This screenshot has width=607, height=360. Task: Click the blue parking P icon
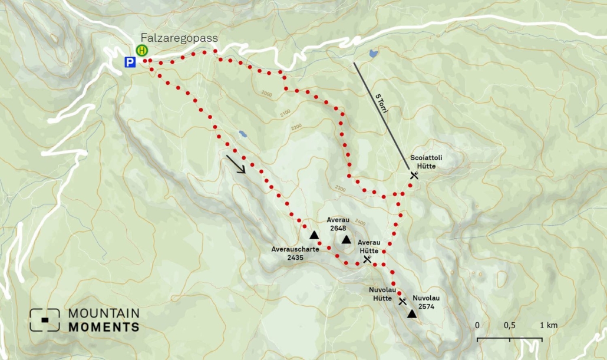click(130, 62)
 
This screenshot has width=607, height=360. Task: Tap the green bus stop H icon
click(142, 51)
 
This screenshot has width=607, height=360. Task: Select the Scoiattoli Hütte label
click(426, 162)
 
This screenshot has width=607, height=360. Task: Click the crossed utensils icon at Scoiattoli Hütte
click(414, 175)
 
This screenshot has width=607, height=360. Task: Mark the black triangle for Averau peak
click(346, 240)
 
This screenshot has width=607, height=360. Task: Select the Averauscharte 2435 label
click(295, 253)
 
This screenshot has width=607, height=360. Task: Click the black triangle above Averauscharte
click(314, 235)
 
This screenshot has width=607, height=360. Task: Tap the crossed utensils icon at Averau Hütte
click(368, 259)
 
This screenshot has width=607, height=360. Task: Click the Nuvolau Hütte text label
click(382, 294)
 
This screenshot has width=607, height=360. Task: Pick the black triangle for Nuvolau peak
click(411, 315)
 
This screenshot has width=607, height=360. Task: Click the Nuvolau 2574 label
click(425, 302)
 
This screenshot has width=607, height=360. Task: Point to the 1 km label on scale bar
click(548, 326)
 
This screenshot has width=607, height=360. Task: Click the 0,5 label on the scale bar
click(509, 326)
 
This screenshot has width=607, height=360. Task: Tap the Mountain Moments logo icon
click(45, 320)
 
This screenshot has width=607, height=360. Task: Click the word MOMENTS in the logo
click(104, 327)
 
